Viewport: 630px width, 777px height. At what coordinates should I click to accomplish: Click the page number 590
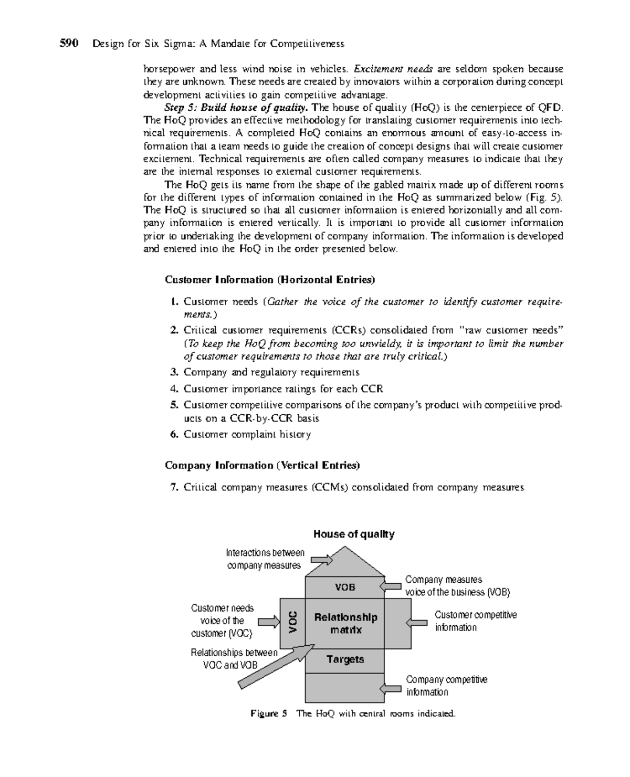tap(69, 44)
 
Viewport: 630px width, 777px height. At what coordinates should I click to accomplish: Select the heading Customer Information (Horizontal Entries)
tap(270, 280)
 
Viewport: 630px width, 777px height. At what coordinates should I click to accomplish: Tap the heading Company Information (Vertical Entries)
tap(262, 466)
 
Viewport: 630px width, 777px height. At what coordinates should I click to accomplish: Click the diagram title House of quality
tap(354, 534)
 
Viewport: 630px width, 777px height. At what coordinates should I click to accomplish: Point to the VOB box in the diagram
tap(345, 587)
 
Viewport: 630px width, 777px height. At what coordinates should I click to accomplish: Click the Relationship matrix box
tap(345, 623)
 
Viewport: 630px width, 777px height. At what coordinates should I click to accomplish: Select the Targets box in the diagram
tap(345, 660)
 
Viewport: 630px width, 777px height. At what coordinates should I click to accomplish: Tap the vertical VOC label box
tap(292, 623)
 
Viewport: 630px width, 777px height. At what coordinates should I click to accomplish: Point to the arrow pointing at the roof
tap(321, 560)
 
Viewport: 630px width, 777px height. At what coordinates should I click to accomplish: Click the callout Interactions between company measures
tap(265, 559)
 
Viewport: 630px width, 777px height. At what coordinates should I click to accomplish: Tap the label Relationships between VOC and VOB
tap(234, 659)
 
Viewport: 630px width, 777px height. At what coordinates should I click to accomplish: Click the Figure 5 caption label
tap(269, 714)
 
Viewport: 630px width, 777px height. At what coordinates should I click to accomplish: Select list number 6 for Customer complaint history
tap(174, 435)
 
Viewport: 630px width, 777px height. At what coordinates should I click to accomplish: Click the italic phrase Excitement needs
tap(394, 69)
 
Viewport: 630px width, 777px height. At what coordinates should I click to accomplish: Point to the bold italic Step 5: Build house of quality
tap(236, 108)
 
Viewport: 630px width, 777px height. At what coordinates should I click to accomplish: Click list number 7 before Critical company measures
tap(174, 488)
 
